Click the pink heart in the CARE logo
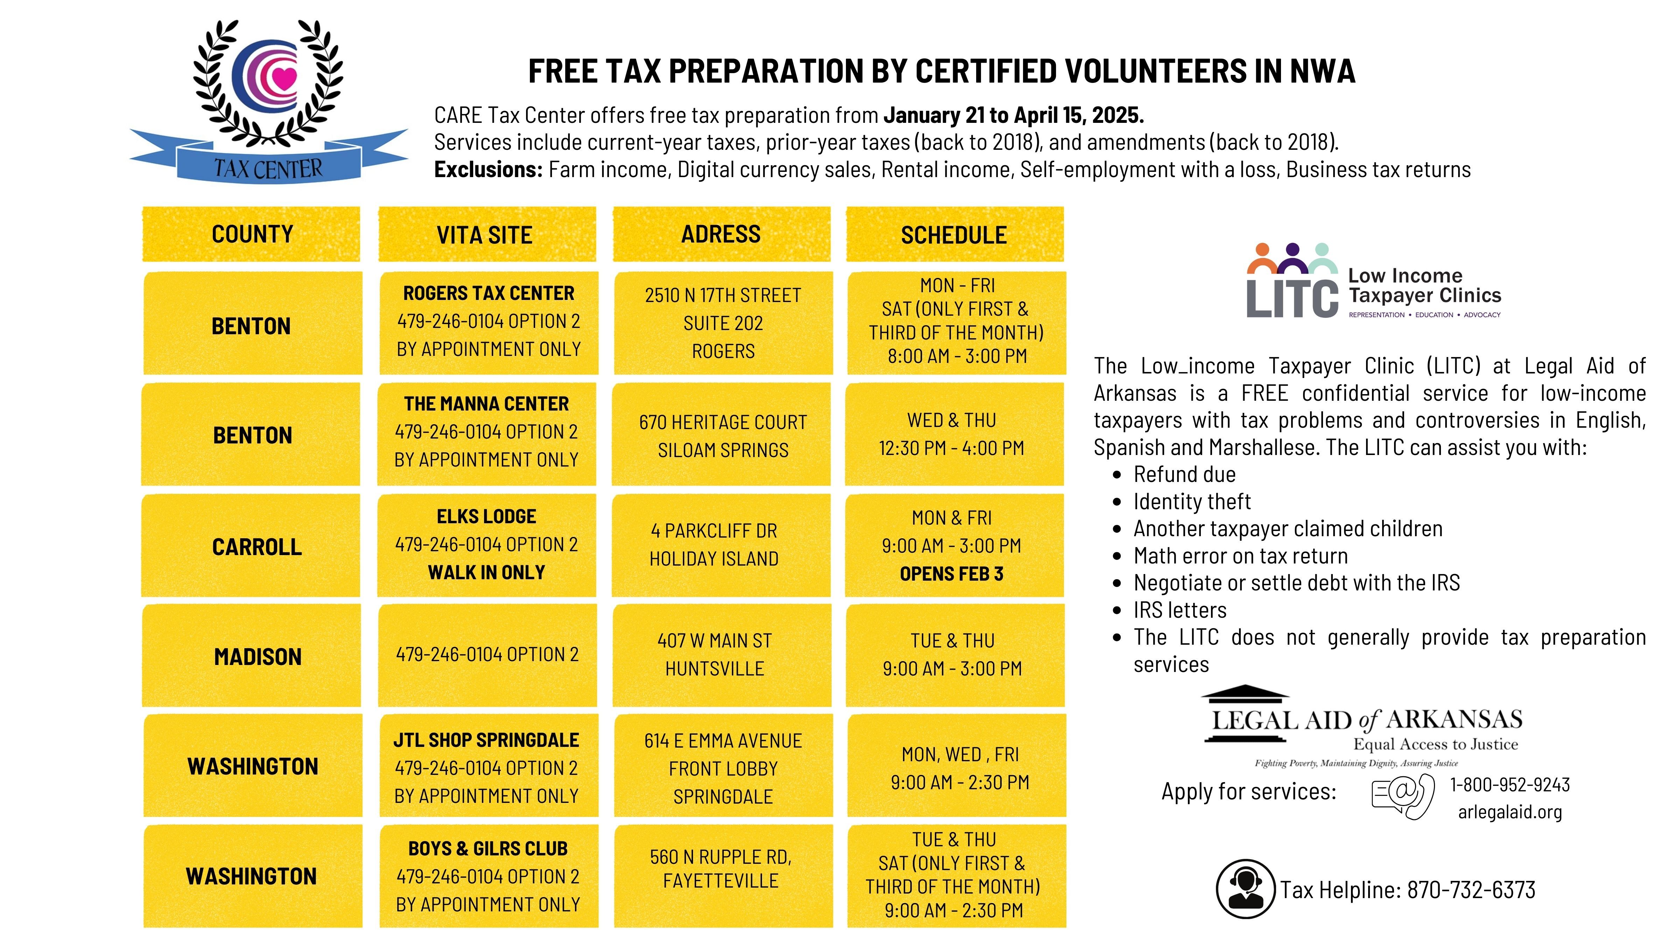click(284, 78)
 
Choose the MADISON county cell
click(258, 656)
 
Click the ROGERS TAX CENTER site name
click(489, 294)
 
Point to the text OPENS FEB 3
click(952, 574)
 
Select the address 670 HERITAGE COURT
click(723, 422)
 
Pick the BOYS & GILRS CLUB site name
click(488, 848)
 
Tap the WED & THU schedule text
click(952, 421)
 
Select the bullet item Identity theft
click(1191, 502)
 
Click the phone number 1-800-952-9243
click(1510, 785)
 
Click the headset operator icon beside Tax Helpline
click(1245, 888)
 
